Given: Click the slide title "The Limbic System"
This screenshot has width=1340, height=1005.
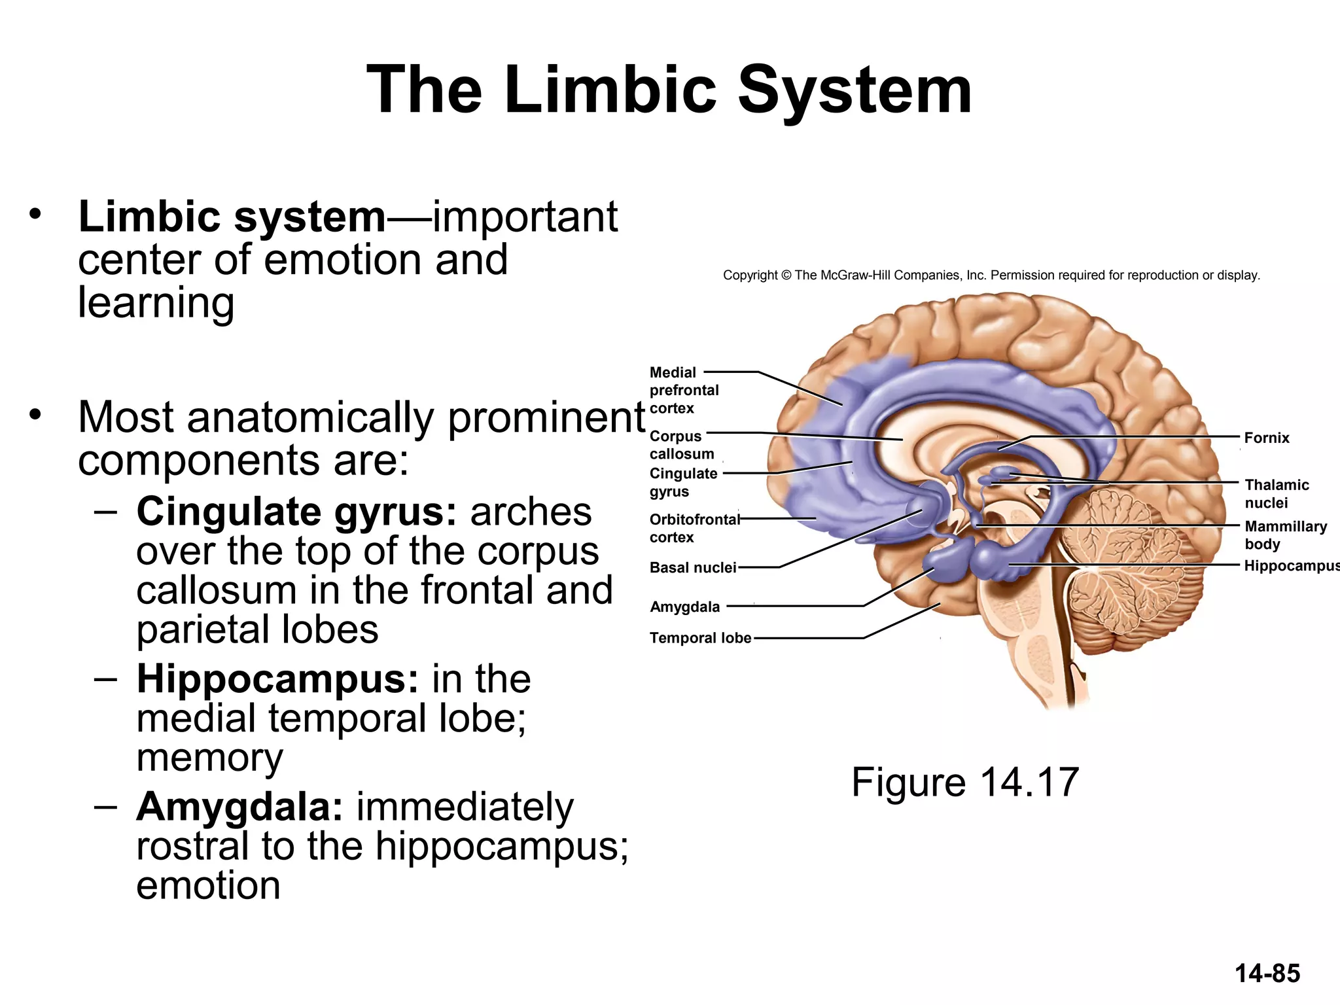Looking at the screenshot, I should (x=669, y=90).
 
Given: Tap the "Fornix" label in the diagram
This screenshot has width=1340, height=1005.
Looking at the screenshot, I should (x=1266, y=438).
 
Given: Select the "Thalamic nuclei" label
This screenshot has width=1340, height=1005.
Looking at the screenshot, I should (x=1276, y=493).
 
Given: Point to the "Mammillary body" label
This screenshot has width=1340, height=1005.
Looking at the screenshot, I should (x=1285, y=535).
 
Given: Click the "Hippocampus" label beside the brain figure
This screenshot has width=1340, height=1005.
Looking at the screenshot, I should (x=1290, y=565).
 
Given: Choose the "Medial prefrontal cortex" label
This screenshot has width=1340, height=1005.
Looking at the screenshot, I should (x=683, y=390).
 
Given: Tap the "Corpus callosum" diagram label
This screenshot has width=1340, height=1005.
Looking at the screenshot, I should (x=681, y=445).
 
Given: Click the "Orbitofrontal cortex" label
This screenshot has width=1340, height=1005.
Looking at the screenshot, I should (x=694, y=528).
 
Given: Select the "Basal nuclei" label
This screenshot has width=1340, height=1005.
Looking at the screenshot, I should (x=692, y=567).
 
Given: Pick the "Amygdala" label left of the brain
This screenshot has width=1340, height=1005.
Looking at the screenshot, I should (x=684, y=607).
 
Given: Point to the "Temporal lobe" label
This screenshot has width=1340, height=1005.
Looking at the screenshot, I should (x=699, y=638).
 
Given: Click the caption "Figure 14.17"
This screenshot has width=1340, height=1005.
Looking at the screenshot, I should (x=964, y=782).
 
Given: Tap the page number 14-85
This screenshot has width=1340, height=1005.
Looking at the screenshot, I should (x=1267, y=974).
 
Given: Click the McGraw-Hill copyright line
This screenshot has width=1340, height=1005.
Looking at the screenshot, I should (x=991, y=275).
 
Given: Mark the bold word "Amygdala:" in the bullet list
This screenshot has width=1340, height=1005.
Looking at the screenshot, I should (x=239, y=807).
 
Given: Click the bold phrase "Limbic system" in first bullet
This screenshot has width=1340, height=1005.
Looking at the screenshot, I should (x=232, y=217).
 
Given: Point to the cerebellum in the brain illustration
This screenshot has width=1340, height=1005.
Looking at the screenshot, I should (x=1125, y=556).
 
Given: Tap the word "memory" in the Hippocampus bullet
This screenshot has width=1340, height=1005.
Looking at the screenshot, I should (x=209, y=758).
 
